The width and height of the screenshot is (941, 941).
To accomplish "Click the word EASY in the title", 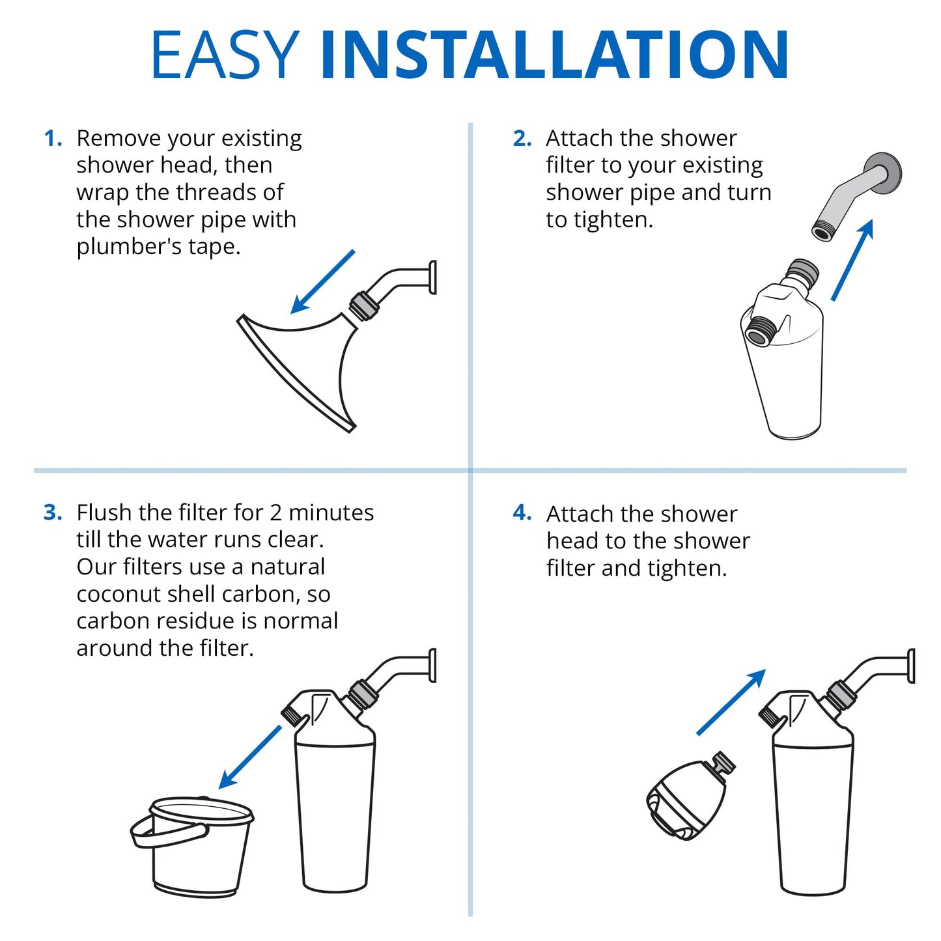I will click(x=224, y=55).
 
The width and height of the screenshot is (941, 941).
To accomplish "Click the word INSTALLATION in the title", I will click(x=554, y=55).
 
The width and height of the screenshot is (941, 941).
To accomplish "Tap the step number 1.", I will click(x=53, y=139).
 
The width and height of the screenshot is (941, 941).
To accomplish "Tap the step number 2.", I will click(x=522, y=139).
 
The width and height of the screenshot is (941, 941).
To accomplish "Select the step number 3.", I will click(x=53, y=513).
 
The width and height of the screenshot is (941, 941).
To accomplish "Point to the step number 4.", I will click(x=522, y=513).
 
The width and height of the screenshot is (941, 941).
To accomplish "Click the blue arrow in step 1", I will click(x=322, y=282).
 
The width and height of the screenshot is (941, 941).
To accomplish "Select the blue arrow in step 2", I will click(x=852, y=260).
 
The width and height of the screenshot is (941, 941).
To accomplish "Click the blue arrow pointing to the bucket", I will click(x=250, y=757).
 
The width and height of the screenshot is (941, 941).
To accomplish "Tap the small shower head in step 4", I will click(x=687, y=798).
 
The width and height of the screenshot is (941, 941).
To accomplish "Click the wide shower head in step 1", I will click(x=300, y=365).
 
